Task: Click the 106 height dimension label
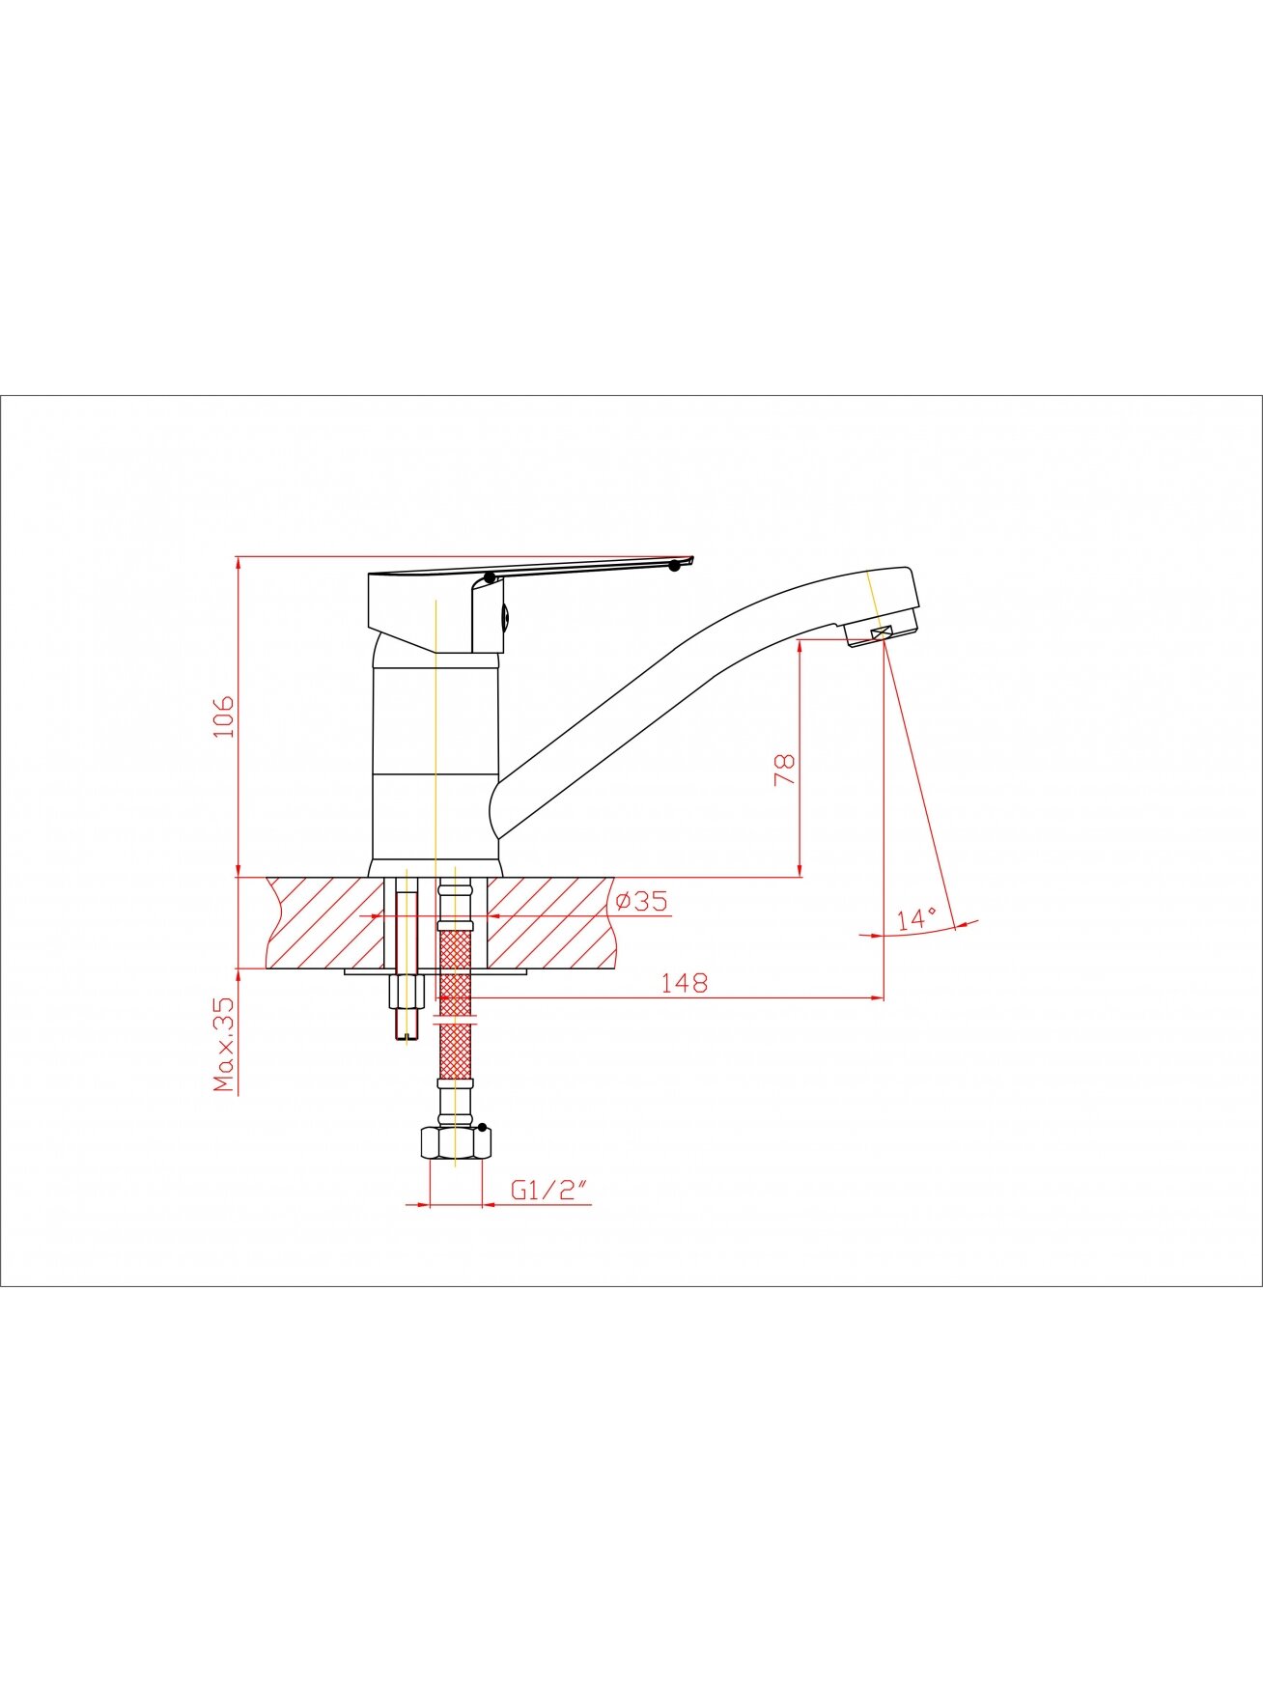[224, 716]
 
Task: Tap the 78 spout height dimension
[784, 770]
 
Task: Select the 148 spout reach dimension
[684, 983]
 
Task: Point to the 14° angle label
[916, 918]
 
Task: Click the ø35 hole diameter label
[641, 901]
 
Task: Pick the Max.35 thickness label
[224, 1044]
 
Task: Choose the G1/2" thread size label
[549, 1191]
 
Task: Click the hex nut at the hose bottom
[455, 1143]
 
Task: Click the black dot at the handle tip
[674, 566]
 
